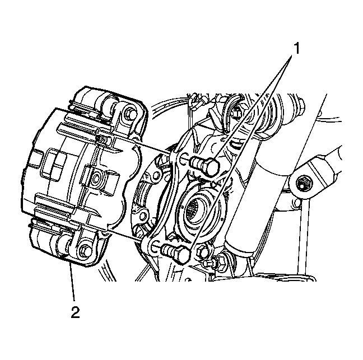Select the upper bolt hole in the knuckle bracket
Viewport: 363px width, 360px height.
tap(183, 159)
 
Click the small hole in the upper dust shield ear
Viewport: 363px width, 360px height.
tap(156, 174)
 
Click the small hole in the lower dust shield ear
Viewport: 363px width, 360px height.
tap(142, 216)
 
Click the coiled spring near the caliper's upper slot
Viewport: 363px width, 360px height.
tap(102, 139)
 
